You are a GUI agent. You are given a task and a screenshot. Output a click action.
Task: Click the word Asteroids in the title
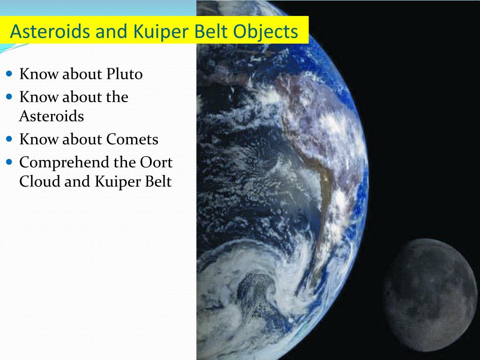pos(44,32)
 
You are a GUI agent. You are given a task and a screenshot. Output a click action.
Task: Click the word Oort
pos(157,163)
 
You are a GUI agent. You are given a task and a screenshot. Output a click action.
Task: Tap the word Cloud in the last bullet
pos(39,181)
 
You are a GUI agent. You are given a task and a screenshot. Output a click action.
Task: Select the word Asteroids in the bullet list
pos(51,116)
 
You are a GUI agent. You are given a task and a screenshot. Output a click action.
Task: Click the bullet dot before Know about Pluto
pos(10,74)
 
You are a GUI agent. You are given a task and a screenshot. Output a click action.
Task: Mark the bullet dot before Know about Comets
pos(10,139)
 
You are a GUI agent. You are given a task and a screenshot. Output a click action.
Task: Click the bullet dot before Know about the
pos(10,97)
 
